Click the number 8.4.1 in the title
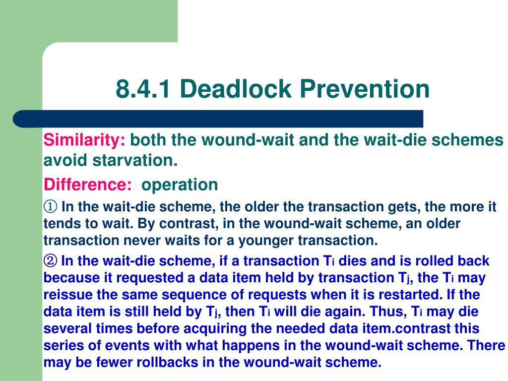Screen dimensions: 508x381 point(143,88)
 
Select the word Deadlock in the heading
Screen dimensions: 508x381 point(235,88)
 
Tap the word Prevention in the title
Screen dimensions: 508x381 point(365,88)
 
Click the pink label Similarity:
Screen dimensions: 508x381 point(84,140)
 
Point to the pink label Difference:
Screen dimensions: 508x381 point(87,185)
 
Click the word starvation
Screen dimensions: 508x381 point(135,160)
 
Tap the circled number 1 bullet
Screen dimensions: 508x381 point(51,206)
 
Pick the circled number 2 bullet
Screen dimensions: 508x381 point(51,260)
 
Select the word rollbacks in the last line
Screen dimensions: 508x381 point(167,362)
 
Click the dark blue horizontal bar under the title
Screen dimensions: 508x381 point(218,119)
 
